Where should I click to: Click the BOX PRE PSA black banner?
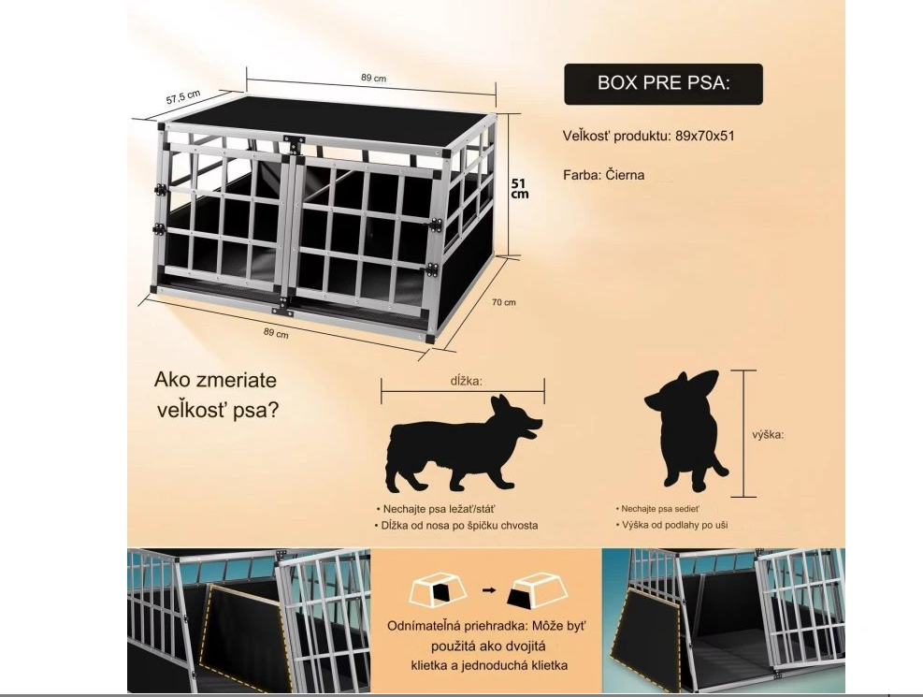[x=663, y=84]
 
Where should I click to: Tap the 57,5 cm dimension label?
[x=183, y=97]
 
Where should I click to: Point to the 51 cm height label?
[x=519, y=188]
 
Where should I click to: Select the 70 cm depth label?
[x=504, y=302]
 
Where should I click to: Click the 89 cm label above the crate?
[x=374, y=78]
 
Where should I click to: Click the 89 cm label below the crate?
[x=276, y=333]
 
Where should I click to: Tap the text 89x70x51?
[x=705, y=136]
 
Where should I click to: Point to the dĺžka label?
[x=467, y=380]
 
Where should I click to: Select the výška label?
[x=768, y=434]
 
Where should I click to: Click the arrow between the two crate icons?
[x=488, y=589]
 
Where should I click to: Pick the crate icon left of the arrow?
[x=438, y=589]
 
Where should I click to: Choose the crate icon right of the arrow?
[x=538, y=589]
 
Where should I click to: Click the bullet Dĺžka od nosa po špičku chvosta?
[x=456, y=525]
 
